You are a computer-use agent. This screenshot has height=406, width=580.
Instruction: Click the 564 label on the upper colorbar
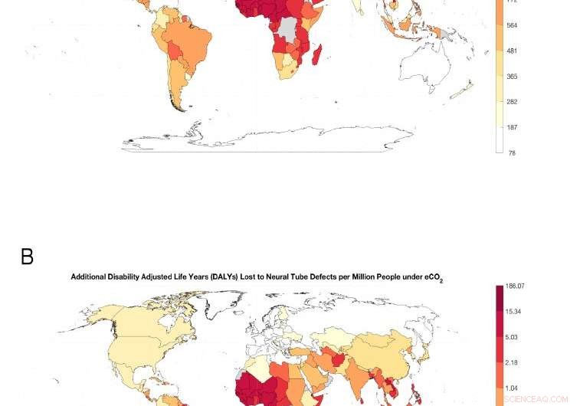tap(512, 25)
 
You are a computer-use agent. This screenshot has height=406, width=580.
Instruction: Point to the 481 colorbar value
tap(512, 51)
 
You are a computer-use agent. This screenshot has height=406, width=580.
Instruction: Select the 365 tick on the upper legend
tap(512, 77)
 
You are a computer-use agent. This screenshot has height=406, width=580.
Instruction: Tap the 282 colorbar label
tap(512, 102)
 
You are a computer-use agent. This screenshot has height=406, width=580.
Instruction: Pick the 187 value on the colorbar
tap(512, 128)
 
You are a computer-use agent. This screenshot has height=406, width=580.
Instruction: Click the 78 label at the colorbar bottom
tap(512, 153)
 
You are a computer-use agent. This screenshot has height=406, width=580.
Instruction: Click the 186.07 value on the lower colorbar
tap(515, 286)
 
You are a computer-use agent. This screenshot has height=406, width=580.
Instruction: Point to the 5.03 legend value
tap(512, 337)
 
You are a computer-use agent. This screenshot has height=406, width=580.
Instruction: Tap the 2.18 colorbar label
tap(512, 362)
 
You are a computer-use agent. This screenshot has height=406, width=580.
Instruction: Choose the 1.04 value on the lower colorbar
tap(512, 388)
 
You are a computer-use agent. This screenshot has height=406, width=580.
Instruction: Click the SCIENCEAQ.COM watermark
tap(536, 399)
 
